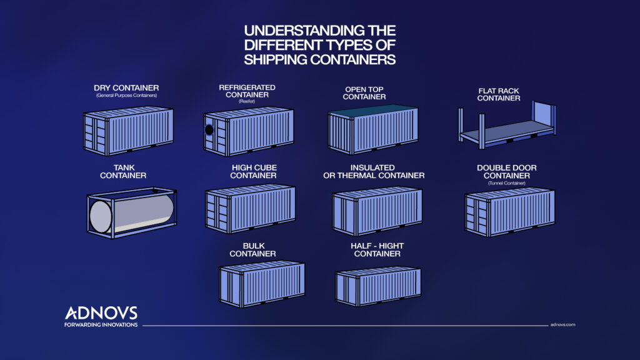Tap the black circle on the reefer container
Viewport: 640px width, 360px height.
click(209, 131)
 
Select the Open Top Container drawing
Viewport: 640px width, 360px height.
click(373, 129)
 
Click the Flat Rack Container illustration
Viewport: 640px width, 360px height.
click(506, 128)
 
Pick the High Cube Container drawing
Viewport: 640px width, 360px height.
click(250, 206)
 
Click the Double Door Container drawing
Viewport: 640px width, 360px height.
click(510, 211)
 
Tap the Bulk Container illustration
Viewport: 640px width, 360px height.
click(262, 282)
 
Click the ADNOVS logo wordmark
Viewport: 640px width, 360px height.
click(101, 313)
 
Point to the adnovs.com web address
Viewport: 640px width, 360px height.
click(562, 325)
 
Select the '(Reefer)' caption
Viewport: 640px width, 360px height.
click(247, 102)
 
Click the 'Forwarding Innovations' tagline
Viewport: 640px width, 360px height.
click(101, 324)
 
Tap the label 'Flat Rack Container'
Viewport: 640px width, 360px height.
click(499, 94)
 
